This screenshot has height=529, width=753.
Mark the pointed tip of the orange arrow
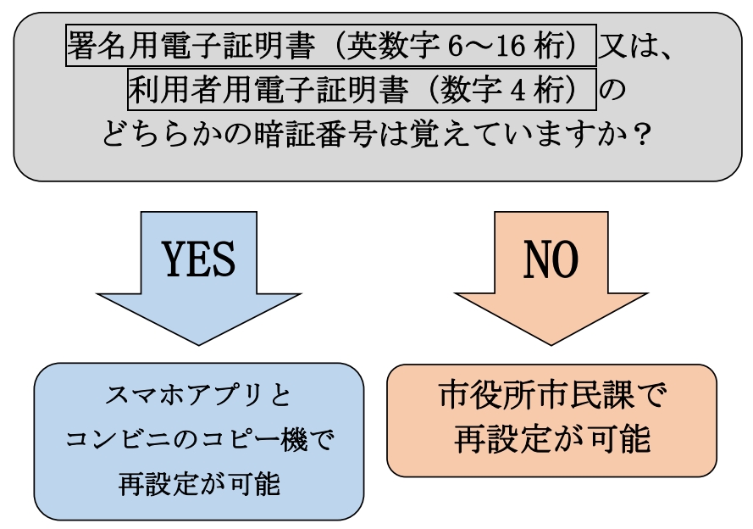pos(552,343)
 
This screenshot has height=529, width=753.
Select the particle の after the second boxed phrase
pos(615,91)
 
